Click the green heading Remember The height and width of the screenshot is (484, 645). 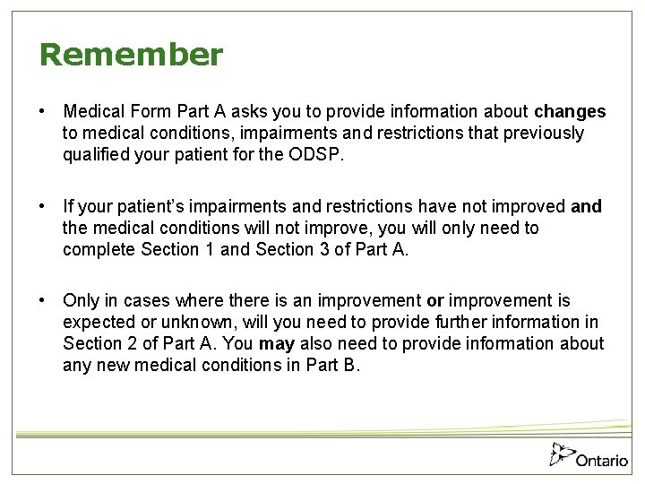(131, 56)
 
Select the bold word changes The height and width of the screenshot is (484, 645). (570, 112)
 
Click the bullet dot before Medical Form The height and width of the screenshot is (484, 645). (42, 112)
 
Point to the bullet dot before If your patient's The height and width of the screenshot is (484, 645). (42, 207)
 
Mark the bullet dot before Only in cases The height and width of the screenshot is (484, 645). (42, 301)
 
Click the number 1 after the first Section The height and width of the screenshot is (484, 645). (211, 249)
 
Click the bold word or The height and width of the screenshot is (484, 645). (435, 301)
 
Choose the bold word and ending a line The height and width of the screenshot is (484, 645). (586, 207)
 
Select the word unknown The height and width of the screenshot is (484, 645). (185, 323)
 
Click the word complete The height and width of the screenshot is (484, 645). (99, 249)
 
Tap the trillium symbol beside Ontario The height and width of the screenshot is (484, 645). (561, 455)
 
